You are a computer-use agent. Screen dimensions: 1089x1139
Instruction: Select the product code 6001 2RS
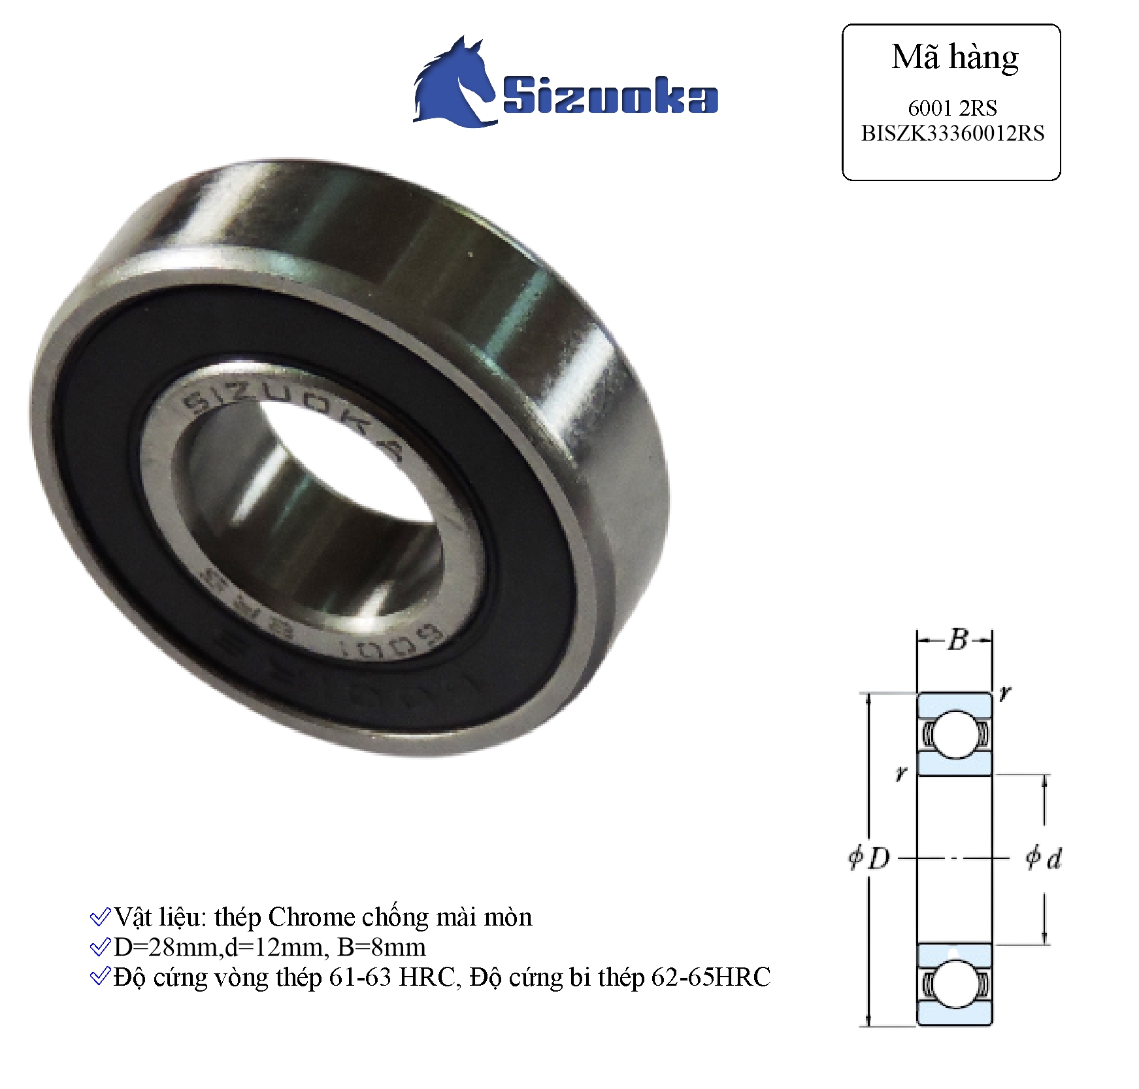[952, 108]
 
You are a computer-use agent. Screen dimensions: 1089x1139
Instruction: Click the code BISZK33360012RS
[952, 133]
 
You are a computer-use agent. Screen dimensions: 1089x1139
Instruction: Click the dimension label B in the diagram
[957, 640]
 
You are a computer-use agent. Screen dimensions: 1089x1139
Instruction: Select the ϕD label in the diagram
[869, 858]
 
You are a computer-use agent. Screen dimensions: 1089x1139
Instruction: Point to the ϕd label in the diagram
[1044, 858]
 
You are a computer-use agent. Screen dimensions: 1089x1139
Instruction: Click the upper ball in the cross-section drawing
[955, 734]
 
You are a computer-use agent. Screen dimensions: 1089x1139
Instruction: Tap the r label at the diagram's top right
[1005, 692]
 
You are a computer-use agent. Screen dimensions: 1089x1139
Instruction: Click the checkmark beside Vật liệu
[99, 917]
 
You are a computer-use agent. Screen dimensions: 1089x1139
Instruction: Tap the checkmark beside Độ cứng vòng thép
[99, 977]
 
